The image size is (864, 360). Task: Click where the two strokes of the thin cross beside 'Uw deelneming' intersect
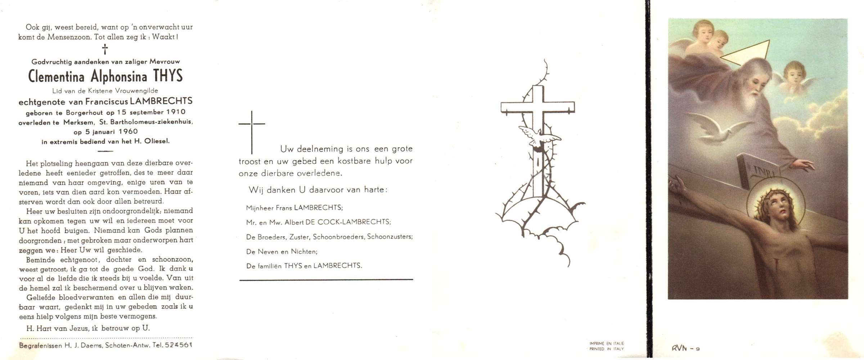point(252,123)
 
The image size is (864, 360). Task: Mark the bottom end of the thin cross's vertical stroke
point(252,154)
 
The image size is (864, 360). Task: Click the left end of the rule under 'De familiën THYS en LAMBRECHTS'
point(240,280)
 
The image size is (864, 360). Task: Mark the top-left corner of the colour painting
point(669,19)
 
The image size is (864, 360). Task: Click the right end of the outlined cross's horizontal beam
point(575,108)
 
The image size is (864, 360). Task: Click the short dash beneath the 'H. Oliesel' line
point(105,151)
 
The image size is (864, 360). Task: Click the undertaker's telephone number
point(178,345)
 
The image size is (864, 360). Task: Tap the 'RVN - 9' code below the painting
point(685,348)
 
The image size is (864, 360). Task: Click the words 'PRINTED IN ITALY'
point(607,349)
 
